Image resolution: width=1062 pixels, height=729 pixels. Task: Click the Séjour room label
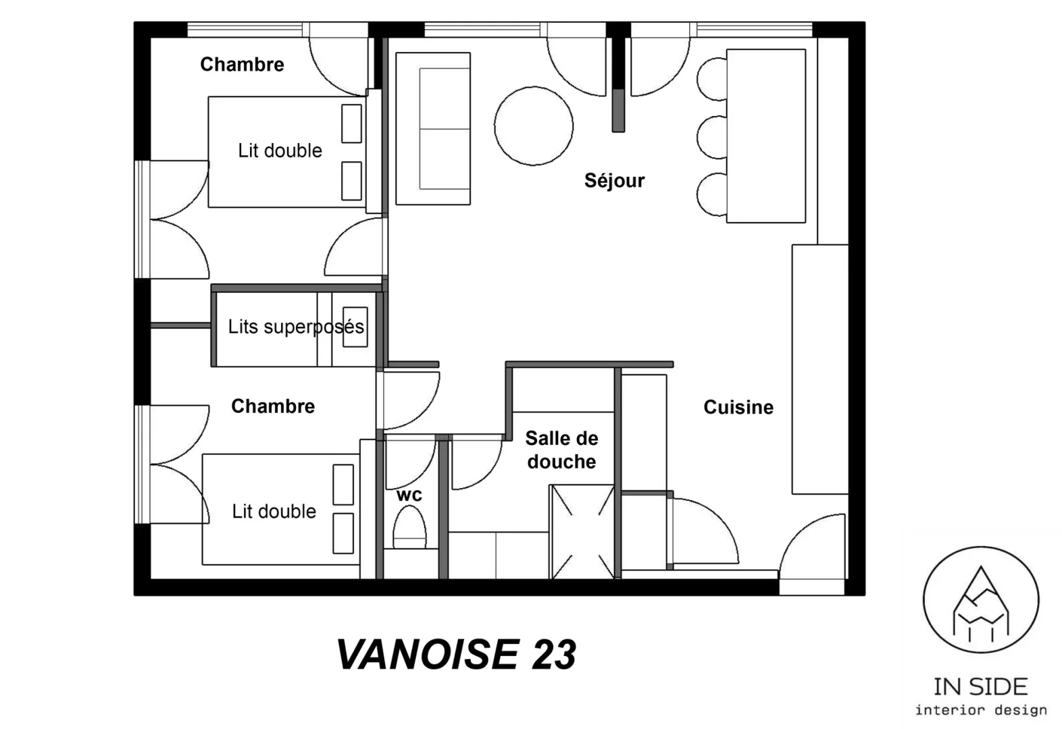click(615, 180)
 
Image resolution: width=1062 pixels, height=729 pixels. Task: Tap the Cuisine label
click(738, 408)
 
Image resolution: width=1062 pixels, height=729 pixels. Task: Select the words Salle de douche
click(562, 450)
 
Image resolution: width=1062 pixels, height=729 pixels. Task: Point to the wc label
click(409, 495)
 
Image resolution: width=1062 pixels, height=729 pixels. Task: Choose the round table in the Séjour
click(534, 126)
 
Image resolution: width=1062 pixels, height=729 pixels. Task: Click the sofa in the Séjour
click(433, 129)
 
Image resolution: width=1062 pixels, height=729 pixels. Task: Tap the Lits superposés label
click(296, 327)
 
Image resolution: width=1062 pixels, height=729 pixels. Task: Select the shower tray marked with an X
click(582, 531)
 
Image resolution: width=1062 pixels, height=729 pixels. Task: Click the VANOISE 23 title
click(456, 655)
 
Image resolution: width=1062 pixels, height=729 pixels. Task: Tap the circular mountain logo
click(981, 599)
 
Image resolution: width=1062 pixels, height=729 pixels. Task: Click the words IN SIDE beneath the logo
click(980, 687)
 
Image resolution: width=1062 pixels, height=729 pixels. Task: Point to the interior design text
click(981, 710)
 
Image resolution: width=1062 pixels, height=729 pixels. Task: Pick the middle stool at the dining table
click(712, 138)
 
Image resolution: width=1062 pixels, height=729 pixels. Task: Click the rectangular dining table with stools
click(766, 136)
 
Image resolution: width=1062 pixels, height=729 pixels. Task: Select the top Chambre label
click(242, 64)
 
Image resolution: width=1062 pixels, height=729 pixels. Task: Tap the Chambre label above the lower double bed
click(273, 406)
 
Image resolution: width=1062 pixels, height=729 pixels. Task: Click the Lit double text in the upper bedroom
click(280, 151)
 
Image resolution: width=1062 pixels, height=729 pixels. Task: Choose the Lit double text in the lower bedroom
click(274, 512)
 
